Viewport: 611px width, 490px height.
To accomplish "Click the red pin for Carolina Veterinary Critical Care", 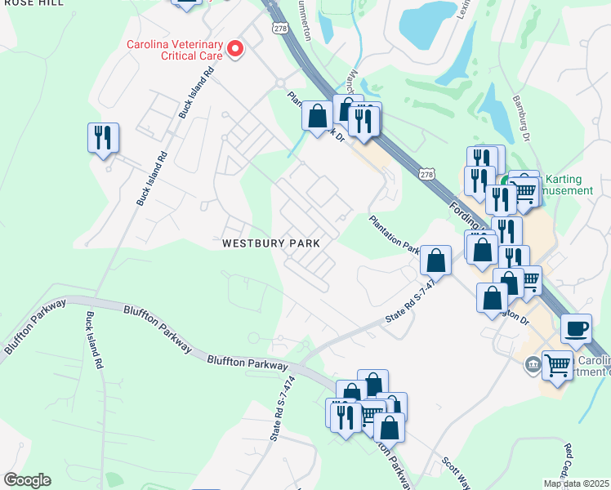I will pyautogui.click(x=236, y=50).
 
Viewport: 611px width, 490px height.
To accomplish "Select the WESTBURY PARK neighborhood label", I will pyautogui.click(x=270, y=243).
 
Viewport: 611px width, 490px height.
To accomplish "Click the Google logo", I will pyautogui.click(x=27, y=480).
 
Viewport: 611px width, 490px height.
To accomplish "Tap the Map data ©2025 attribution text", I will pyautogui.click(x=577, y=483).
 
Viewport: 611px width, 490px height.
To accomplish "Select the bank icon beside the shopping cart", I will pyautogui.click(x=533, y=364).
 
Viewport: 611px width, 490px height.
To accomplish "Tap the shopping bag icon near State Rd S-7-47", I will pyautogui.click(x=437, y=261).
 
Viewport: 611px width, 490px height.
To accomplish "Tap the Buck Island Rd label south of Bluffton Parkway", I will pyautogui.click(x=93, y=338).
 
